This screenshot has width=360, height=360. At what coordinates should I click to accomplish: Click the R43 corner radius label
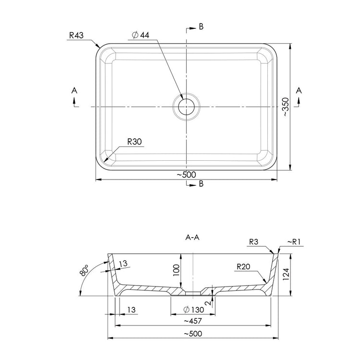(77, 35)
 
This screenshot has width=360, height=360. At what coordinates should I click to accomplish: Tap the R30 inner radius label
(135, 142)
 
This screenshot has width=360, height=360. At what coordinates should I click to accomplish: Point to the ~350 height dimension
(286, 108)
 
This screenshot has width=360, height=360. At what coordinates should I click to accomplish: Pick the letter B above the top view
(201, 27)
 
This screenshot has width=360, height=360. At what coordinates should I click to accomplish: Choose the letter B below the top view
(201, 184)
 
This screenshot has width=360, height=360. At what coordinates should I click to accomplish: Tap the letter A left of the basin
(74, 90)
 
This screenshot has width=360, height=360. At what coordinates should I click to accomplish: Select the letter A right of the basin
(299, 90)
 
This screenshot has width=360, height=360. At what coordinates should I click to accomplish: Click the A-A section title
(192, 237)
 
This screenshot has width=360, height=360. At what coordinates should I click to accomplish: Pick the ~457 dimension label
(192, 321)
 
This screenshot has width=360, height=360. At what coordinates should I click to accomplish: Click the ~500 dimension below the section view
(192, 334)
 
